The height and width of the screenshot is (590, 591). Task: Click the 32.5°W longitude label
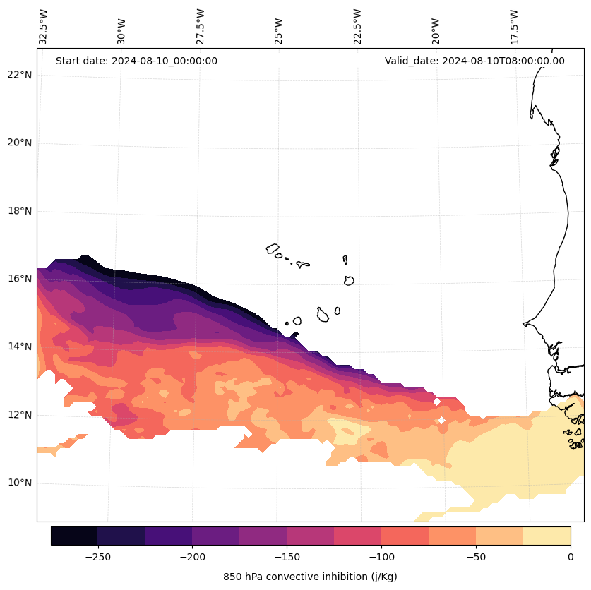click(x=44, y=27)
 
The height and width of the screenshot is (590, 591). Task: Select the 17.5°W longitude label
click(x=514, y=27)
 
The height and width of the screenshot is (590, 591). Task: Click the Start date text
click(x=136, y=61)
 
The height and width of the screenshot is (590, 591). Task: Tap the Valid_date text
click(x=474, y=61)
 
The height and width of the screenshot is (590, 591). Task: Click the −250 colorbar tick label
click(x=97, y=556)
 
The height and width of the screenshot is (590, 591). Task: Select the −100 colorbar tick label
click(x=381, y=556)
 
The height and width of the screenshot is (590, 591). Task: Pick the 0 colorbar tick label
click(x=571, y=556)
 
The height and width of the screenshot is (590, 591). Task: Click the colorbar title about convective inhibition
click(x=310, y=577)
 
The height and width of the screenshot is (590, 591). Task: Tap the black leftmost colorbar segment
click(x=74, y=536)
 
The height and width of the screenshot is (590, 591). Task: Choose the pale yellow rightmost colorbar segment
click(x=547, y=536)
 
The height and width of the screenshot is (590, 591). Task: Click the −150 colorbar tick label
click(x=287, y=556)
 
